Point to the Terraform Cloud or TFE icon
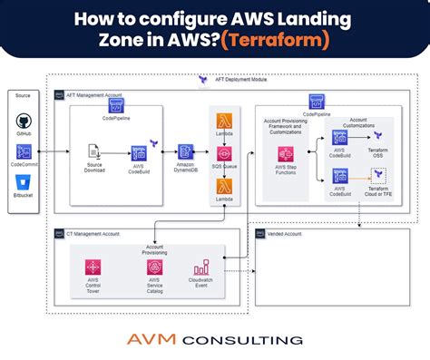[x=377, y=173]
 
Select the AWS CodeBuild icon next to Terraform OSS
[x=340, y=138]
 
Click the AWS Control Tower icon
[x=92, y=268]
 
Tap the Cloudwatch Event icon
[x=201, y=268]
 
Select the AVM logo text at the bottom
[x=159, y=339]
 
